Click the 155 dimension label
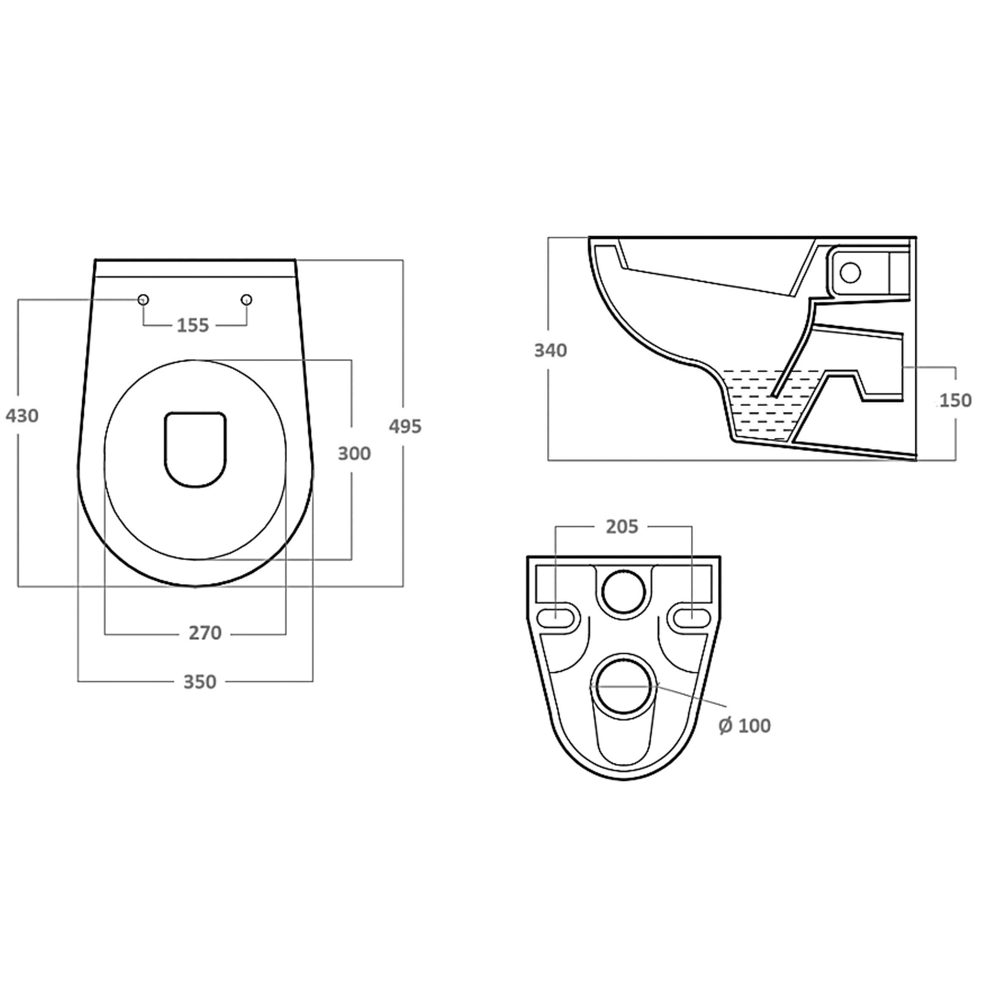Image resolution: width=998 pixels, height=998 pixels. click(193, 325)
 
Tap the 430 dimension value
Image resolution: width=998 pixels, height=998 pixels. click(22, 415)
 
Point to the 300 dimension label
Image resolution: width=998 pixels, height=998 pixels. click(354, 453)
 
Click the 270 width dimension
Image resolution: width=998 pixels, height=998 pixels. click(205, 633)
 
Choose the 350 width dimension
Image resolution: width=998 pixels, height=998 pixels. click(200, 682)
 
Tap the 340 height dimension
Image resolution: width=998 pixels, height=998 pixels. click(551, 350)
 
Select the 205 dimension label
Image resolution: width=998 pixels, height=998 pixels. click(622, 526)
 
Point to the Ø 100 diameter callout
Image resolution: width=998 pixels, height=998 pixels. click(744, 726)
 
